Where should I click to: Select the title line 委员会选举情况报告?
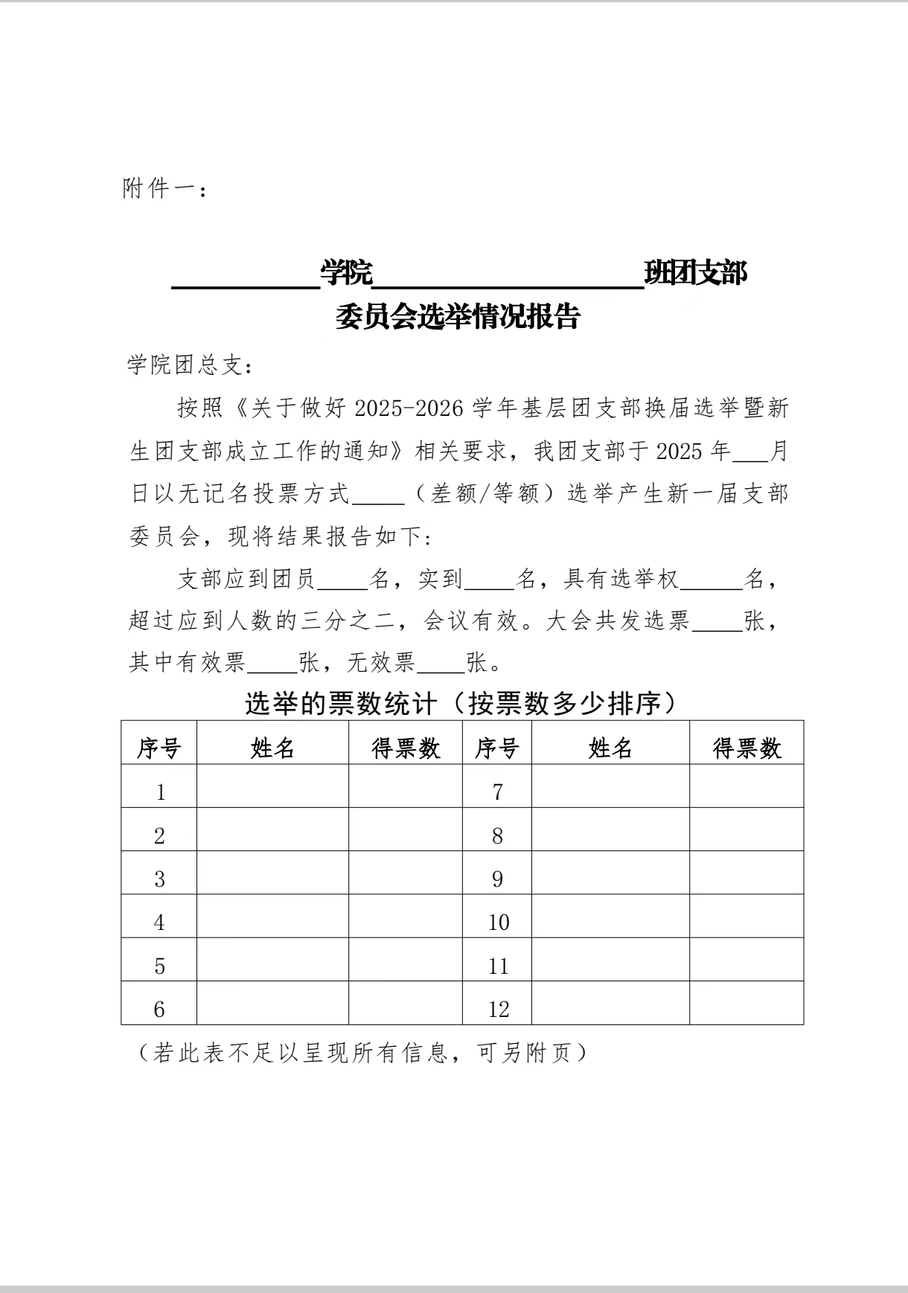[457, 318]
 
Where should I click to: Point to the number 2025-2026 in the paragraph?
[409, 408]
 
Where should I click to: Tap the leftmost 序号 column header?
[159, 748]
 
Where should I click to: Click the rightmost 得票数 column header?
[746, 748]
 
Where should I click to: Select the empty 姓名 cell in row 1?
[272, 792]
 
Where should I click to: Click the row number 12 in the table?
[498, 1010]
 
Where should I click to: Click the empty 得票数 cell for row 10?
[746, 923]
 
